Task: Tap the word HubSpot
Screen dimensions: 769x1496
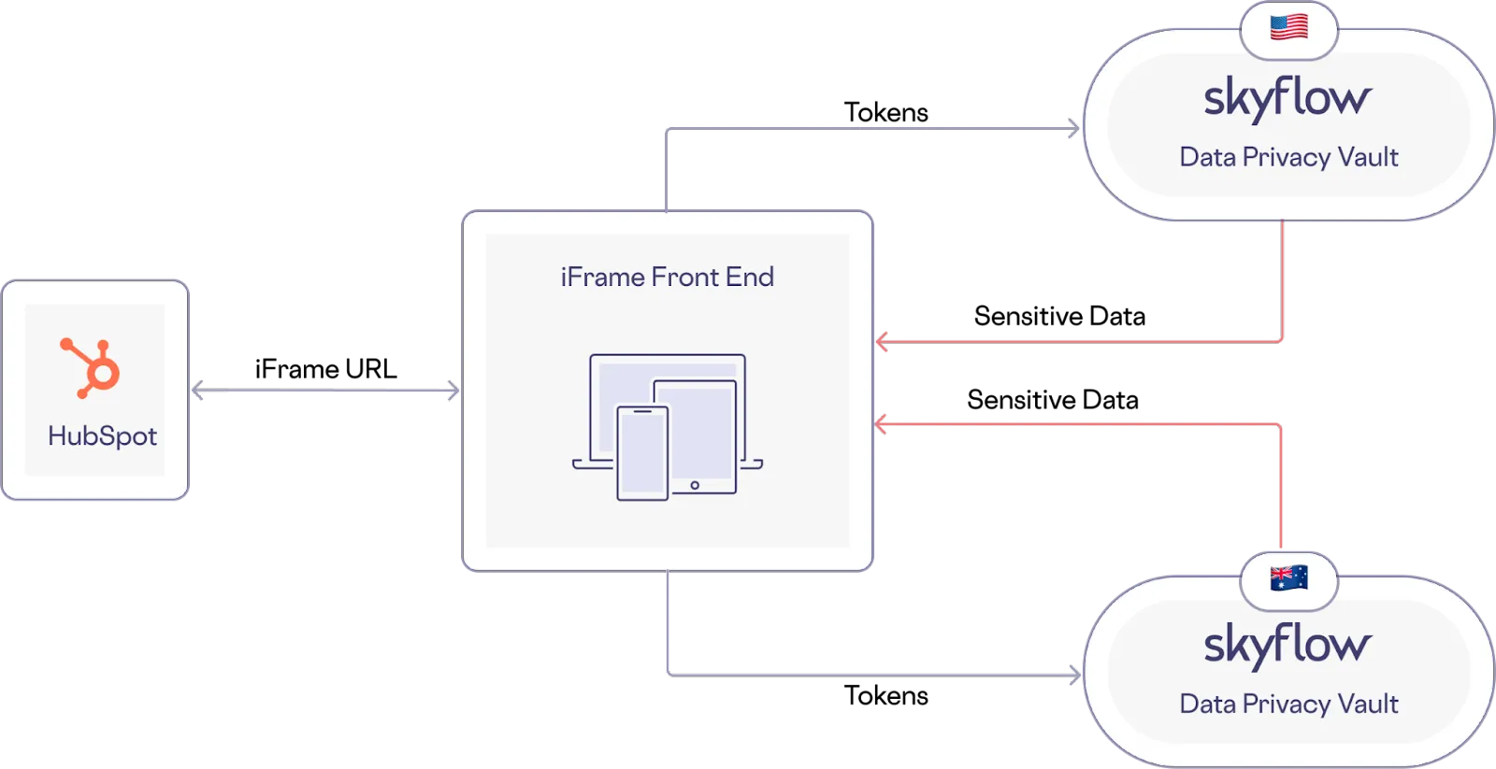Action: click(102, 436)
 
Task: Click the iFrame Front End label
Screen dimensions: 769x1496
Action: click(667, 277)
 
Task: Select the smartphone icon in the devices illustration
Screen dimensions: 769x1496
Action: click(641, 453)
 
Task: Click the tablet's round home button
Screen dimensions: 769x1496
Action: click(695, 485)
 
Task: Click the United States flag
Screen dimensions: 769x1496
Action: click(1288, 27)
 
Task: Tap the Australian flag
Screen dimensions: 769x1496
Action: click(1288, 578)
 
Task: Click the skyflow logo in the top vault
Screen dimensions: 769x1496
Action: click(1287, 98)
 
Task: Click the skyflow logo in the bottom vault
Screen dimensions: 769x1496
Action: click(1287, 645)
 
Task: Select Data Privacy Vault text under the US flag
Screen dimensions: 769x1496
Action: click(1288, 157)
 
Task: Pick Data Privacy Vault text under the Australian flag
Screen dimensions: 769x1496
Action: click(1288, 704)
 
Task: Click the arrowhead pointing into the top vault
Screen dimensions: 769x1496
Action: click(1073, 128)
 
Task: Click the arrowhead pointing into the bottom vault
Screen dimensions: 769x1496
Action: click(1073, 675)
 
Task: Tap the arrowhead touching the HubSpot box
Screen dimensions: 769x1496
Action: click(199, 391)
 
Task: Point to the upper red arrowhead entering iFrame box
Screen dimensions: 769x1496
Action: click(881, 342)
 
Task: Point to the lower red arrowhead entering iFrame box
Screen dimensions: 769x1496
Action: click(881, 425)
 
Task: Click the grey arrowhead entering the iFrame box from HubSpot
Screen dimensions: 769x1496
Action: click(453, 391)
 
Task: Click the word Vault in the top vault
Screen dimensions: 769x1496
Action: click(1368, 157)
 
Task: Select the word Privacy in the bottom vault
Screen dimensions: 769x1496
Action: click(1286, 705)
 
